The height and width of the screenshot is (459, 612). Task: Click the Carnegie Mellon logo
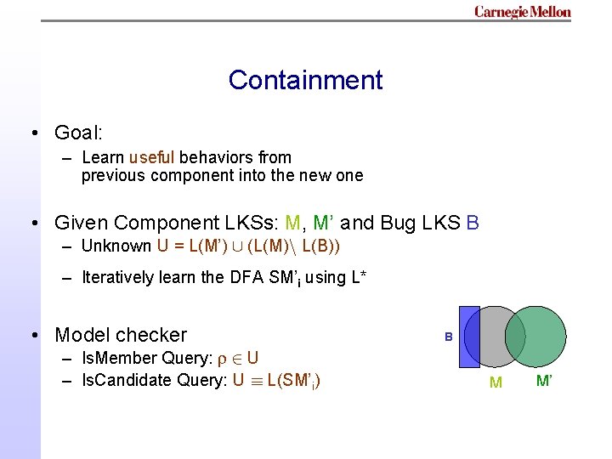click(x=522, y=12)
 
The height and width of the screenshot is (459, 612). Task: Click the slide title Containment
click(x=305, y=80)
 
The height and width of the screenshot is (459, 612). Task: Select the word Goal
click(x=76, y=133)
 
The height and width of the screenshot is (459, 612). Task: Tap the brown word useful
click(x=152, y=157)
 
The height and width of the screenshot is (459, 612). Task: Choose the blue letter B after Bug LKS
click(x=473, y=223)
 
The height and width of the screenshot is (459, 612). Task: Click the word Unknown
click(x=116, y=246)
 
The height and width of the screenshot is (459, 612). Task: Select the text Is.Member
click(x=118, y=359)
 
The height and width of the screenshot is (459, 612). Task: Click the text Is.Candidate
click(x=126, y=380)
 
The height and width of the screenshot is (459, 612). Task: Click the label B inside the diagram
click(x=448, y=337)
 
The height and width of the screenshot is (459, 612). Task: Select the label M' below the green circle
click(x=544, y=379)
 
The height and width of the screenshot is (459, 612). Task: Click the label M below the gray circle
click(x=496, y=382)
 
